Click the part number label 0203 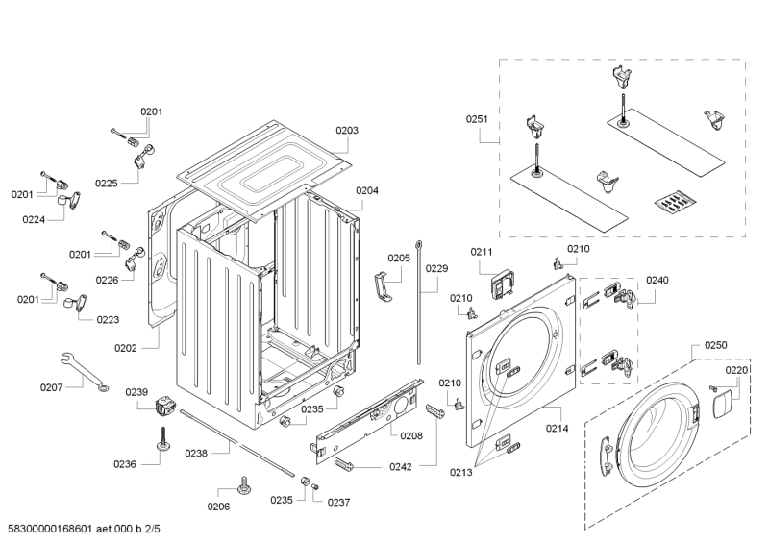[347, 131]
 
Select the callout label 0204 [367, 190]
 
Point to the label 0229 [436, 269]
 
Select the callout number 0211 [481, 252]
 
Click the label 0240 [657, 280]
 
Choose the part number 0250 [715, 344]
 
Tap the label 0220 [736, 370]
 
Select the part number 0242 [400, 467]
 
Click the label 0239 [136, 391]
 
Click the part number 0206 [218, 507]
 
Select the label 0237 [338, 502]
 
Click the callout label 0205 [398, 258]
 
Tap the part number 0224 [36, 218]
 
